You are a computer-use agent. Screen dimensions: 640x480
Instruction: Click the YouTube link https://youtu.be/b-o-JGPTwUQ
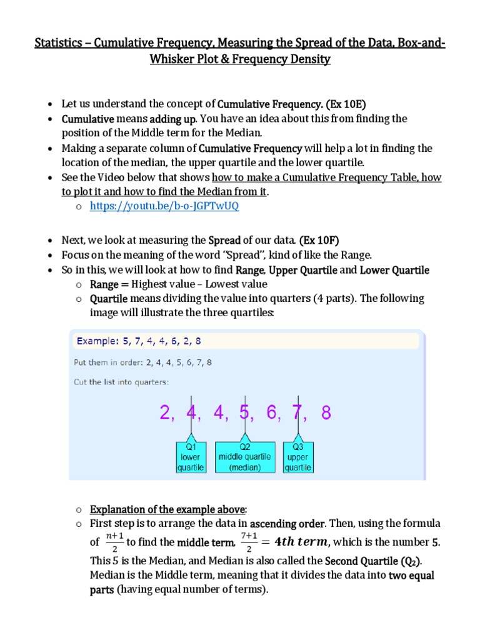click(164, 206)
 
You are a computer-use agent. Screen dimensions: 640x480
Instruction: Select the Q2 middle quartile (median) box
click(244, 457)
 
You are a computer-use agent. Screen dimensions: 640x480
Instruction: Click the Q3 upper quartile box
click(297, 457)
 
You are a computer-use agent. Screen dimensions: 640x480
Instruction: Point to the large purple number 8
click(326, 413)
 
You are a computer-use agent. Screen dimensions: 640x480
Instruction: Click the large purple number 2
click(165, 413)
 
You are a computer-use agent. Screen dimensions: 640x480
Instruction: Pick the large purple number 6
click(272, 413)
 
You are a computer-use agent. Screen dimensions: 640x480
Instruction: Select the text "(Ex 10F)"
click(319, 240)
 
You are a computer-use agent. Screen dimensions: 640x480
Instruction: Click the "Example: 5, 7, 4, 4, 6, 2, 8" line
click(137, 341)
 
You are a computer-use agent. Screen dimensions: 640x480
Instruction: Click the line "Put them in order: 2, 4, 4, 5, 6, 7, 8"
click(142, 362)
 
